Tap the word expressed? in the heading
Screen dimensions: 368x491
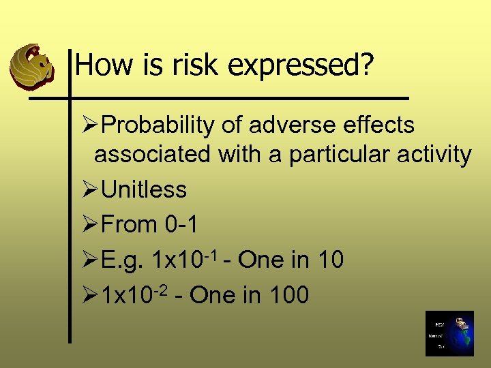coord(301,66)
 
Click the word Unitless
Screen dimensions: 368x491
coord(143,189)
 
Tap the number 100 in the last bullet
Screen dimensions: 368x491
coord(289,295)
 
